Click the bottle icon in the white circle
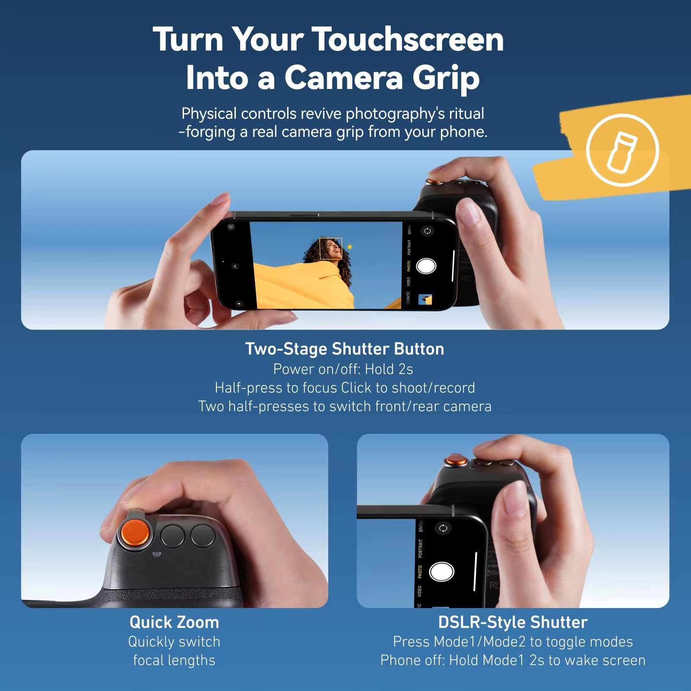pos(622,152)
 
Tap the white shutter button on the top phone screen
pos(426,266)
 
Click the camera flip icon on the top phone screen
pos(427,231)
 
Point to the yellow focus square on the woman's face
pos(330,249)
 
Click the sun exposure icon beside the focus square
pos(349,247)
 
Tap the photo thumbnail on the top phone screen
pos(425,299)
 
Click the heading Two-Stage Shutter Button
pos(345,349)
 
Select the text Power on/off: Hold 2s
pos(343,369)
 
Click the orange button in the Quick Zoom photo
pos(135,533)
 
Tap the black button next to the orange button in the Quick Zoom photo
pos(173,536)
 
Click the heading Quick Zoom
pos(174,622)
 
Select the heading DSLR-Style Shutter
pos(513,622)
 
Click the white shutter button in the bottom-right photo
pos(441,571)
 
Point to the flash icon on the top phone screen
pos(239,304)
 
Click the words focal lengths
pos(174,660)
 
